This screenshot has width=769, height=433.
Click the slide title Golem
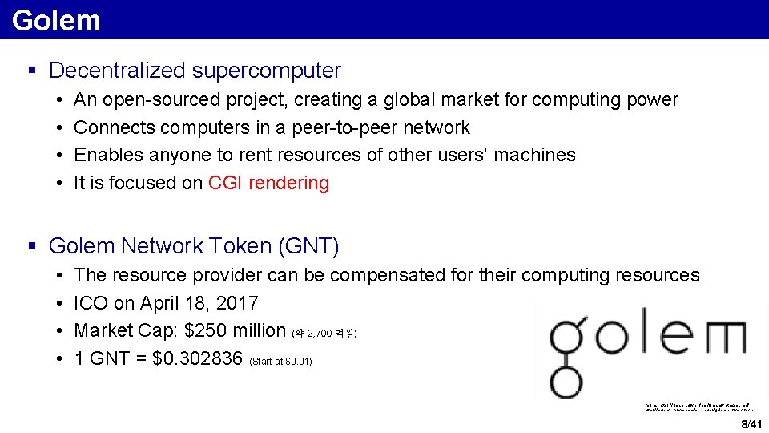(56, 20)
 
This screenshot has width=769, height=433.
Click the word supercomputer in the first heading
(266, 71)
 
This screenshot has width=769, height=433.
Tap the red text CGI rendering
(268, 183)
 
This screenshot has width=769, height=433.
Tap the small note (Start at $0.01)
(281, 362)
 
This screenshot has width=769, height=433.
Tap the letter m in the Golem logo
(718, 336)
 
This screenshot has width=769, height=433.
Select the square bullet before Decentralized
(33, 71)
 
